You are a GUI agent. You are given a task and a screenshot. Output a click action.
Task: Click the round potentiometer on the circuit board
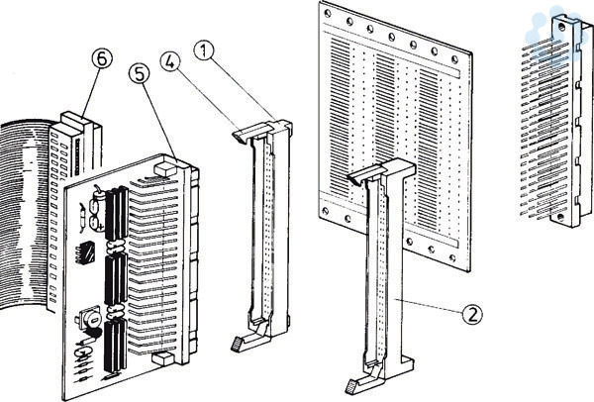[x=86, y=318]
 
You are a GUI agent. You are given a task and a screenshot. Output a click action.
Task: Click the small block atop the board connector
[x=164, y=170]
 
